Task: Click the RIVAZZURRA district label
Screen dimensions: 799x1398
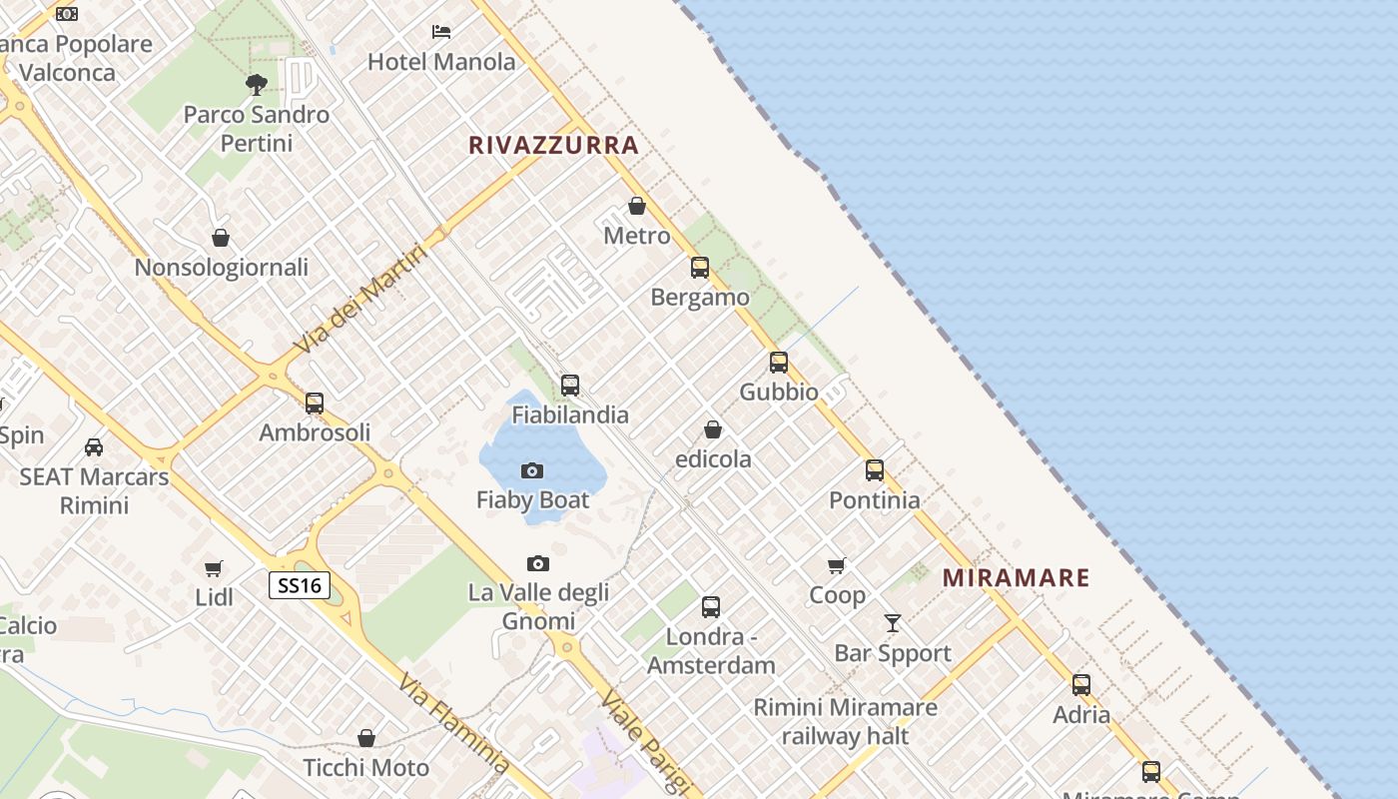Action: tap(553, 145)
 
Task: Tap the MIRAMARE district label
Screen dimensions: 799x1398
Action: tap(1016, 577)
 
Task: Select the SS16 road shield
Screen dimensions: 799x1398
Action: tap(300, 585)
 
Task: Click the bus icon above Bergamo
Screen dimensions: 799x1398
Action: tap(700, 268)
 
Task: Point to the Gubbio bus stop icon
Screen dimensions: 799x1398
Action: tap(779, 363)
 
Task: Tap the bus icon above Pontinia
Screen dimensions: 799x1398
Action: tap(875, 470)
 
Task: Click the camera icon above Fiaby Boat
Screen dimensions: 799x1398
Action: tap(532, 470)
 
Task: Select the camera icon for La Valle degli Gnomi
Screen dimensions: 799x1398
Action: tap(538, 564)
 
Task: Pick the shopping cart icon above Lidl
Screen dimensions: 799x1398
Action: tap(213, 568)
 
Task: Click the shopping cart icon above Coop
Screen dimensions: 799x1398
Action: tap(837, 566)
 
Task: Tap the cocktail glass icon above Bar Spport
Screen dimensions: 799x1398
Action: tap(893, 623)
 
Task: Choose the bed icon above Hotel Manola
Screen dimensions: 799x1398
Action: tap(441, 32)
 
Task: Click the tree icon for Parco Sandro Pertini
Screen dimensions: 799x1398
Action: tap(257, 84)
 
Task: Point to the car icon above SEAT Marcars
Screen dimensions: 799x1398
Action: tap(94, 446)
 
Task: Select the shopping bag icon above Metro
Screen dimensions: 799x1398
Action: tap(637, 207)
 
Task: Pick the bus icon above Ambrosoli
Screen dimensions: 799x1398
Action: tap(315, 403)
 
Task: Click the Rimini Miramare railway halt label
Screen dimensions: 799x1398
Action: tap(845, 722)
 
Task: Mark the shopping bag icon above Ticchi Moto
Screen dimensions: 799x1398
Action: tap(366, 738)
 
